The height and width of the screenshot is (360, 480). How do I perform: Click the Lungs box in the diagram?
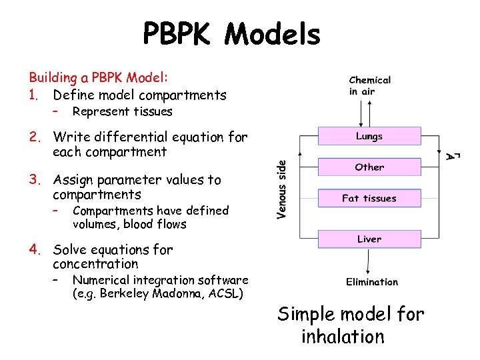click(x=369, y=136)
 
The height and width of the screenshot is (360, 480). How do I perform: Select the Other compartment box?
click(x=369, y=167)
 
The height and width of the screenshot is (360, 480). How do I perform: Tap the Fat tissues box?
click(x=369, y=198)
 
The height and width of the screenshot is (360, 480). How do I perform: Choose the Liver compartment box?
click(x=369, y=239)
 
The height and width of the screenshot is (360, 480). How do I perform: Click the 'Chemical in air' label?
click(x=370, y=85)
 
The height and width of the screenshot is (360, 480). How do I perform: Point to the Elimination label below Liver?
click(x=372, y=282)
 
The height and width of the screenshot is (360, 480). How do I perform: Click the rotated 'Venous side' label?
click(x=283, y=189)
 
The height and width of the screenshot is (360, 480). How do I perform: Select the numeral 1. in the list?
click(x=35, y=95)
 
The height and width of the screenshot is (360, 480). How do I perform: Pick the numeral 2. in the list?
click(x=35, y=137)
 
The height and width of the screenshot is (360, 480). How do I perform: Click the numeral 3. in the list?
click(x=35, y=179)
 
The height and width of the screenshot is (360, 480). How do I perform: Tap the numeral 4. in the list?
click(x=35, y=249)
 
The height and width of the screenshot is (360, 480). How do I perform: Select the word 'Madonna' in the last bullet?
click(x=175, y=294)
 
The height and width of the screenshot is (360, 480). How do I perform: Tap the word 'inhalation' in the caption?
click(x=343, y=337)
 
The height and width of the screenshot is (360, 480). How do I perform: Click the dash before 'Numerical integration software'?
click(x=57, y=279)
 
